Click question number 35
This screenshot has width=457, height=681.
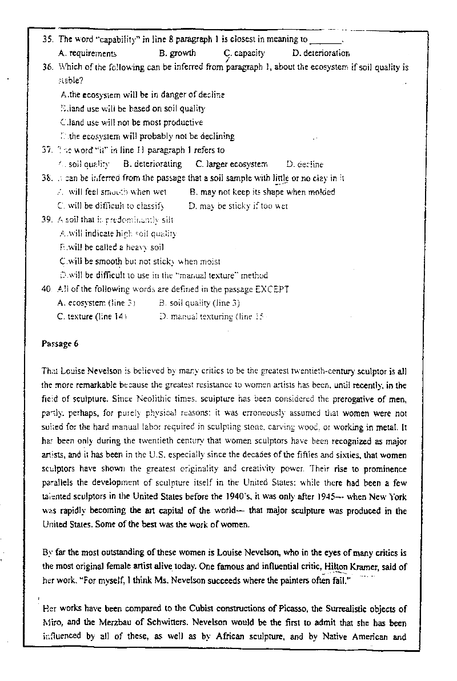pyautogui.click(x=48, y=39)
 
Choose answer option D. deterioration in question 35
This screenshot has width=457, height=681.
pyautogui.click(x=321, y=53)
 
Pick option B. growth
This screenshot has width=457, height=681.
pyautogui.click(x=178, y=53)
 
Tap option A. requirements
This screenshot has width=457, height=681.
pyautogui.click(x=88, y=53)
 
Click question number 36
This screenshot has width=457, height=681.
pyautogui.click(x=48, y=67)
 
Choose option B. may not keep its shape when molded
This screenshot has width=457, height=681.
pyautogui.click(x=270, y=192)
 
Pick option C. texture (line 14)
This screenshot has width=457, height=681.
pyautogui.click(x=92, y=315)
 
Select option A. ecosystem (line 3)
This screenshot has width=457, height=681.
pyautogui.click(x=97, y=302)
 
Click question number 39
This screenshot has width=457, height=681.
pyautogui.click(x=48, y=219)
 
